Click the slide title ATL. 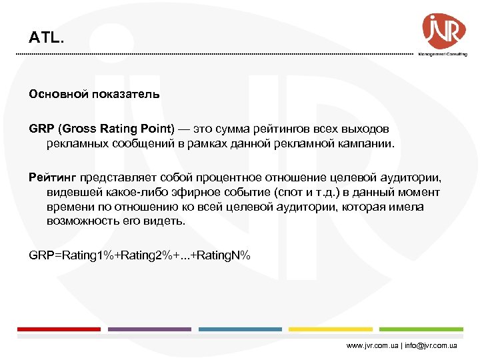click(x=47, y=38)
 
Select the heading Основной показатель click(x=94, y=94)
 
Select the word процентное click(x=231, y=177)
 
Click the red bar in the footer click(x=59, y=329)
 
